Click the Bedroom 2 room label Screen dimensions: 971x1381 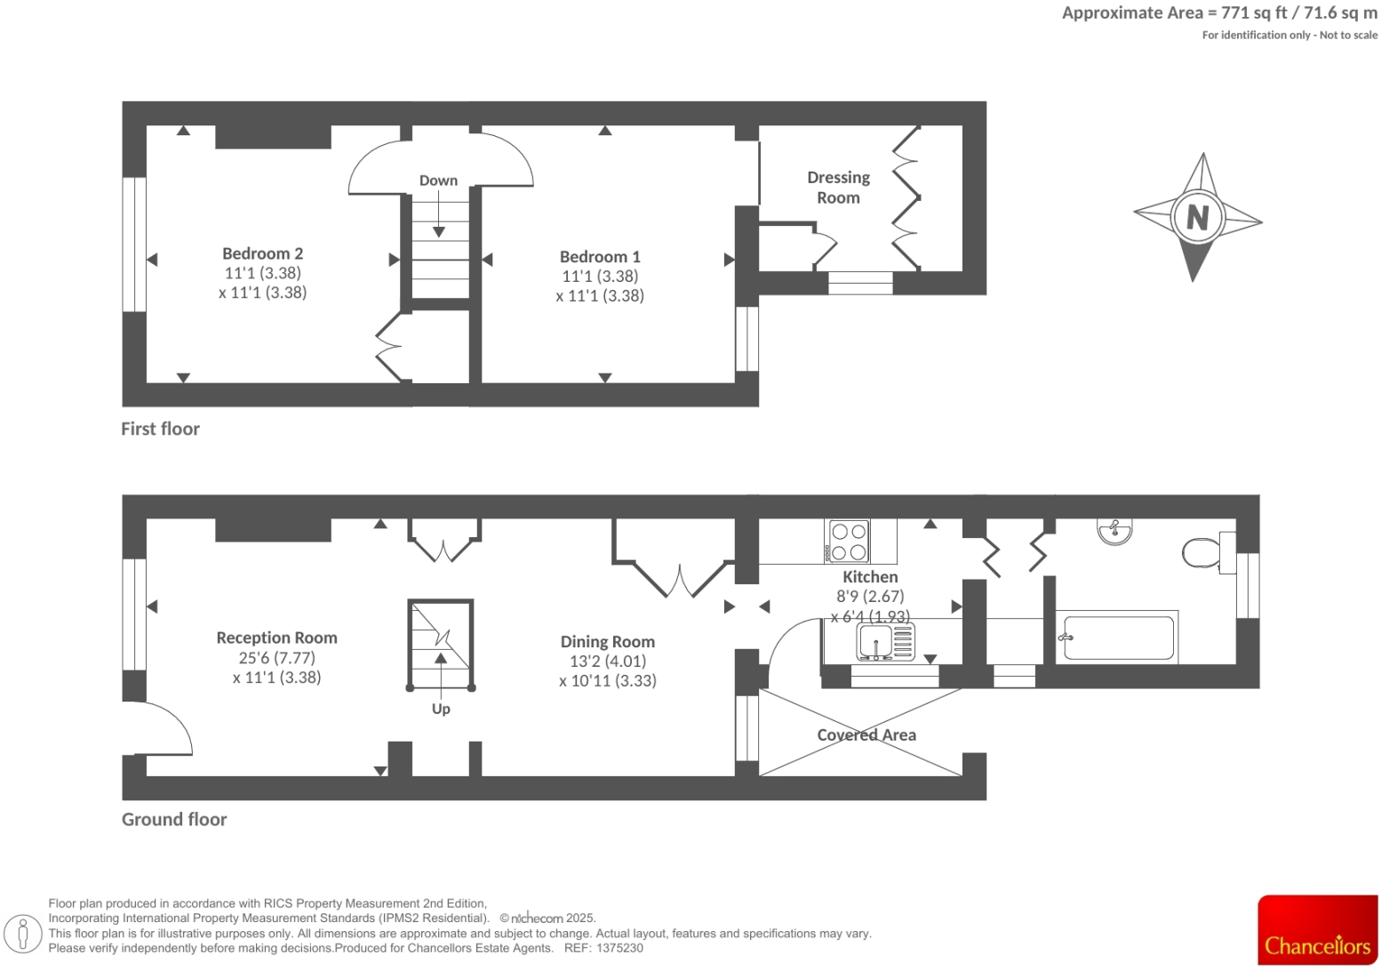pyautogui.click(x=262, y=254)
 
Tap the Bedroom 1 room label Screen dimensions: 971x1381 pyautogui.click(x=600, y=257)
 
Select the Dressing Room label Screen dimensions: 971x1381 pyautogui.click(x=838, y=188)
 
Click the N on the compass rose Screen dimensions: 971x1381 pyautogui.click(x=1197, y=216)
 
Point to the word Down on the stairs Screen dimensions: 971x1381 pyautogui.click(x=438, y=181)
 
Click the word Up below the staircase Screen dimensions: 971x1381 pyautogui.click(x=441, y=709)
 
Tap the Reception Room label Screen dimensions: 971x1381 pyautogui.click(x=276, y=638)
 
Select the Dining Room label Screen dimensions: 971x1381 pyautogui.click(x=607, y=642)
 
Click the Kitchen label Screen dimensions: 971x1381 pyautogui.click(x=870, y=577)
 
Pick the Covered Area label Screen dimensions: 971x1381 pyautogui.click(x=866, y=735)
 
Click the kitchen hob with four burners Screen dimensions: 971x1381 pyautogui.click(x=848, y=541)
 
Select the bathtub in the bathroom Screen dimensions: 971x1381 pyautogui.click(x=1117, y=638)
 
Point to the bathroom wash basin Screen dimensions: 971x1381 pyautogui.click(x=1114, y=531)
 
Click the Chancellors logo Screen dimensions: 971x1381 pyautogui.click(x=1317, y=930)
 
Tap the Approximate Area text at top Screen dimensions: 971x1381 pyautogui.click(x=1219, y=12)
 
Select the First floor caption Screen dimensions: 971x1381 pyautogui.click(x=160, y=429)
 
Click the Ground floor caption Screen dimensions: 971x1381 pyautogui.click(x=174, y=820)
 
